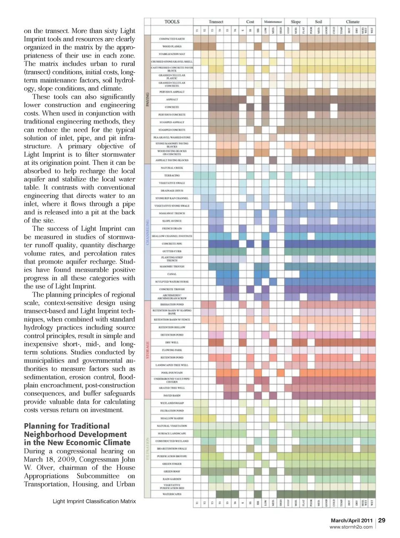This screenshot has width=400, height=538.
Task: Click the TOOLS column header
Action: [x=172, y=22]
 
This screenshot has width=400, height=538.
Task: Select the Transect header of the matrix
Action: [x=216, y=22]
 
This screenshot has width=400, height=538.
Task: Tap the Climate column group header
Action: [x=352, y=22]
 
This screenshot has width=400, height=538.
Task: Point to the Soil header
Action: [x=318, y=22]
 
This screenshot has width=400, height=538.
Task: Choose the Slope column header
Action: [x=295, y=22]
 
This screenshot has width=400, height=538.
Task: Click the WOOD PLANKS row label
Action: [x=172, y=46]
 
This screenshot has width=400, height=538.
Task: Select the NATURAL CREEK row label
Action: [x=172, y=168]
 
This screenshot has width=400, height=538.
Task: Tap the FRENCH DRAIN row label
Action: [x=172, y=229]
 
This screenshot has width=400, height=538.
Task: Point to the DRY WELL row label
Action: [x=172, y=342]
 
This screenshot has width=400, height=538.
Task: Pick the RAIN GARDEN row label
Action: [x=172, y=479]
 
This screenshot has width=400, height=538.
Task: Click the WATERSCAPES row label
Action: [x=172, y=494]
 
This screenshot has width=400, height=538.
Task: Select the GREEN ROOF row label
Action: [x=172, y=471]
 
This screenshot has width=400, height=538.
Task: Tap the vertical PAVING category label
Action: [x=147, y=99]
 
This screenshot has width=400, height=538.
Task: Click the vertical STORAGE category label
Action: [x=147, y=350]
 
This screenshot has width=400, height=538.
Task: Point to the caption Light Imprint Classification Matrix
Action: [x=94, y=501]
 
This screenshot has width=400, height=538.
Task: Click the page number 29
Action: [x=382, y=520]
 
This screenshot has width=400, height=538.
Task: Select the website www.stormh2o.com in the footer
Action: [x=351, y=527]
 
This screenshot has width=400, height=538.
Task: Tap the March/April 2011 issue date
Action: [x=351, y=520]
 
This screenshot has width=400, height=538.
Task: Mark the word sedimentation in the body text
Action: [x=46, y=377]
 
